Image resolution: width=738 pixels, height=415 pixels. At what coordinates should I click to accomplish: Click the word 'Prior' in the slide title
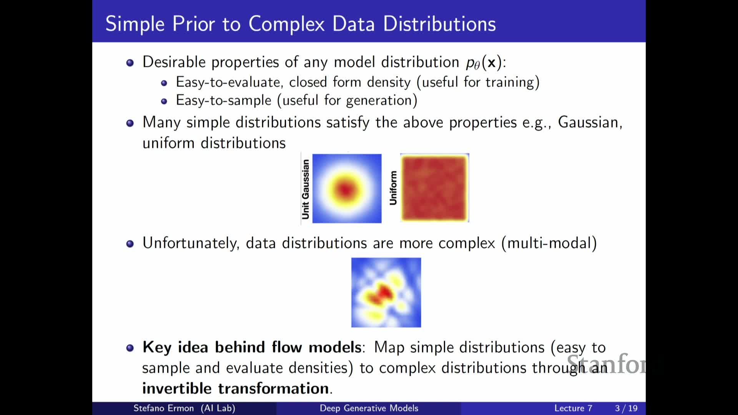194,24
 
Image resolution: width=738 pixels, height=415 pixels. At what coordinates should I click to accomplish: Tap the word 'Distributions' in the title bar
439,24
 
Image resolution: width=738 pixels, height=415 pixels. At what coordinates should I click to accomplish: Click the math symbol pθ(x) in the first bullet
484,62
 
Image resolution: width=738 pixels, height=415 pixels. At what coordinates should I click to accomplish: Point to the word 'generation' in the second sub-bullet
379,101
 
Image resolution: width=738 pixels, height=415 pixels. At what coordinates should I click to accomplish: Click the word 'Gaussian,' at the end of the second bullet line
590,123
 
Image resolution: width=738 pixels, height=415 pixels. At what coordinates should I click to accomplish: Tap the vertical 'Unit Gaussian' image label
306,189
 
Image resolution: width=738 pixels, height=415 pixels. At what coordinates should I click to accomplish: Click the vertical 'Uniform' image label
393,188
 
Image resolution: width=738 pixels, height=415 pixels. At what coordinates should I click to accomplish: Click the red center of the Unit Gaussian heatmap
346,189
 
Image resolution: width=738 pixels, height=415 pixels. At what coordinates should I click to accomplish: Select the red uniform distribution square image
435,188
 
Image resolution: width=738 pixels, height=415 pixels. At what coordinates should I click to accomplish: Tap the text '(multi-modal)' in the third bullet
549,243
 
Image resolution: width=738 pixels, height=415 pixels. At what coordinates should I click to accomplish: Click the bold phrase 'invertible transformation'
237,388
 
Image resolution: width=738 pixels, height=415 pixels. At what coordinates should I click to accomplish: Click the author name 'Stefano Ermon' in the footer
163,408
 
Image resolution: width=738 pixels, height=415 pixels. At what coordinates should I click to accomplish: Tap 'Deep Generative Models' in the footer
369,408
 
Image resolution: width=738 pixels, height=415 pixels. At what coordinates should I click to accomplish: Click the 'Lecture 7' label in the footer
573,408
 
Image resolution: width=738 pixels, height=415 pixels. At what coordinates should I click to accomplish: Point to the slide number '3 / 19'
626,408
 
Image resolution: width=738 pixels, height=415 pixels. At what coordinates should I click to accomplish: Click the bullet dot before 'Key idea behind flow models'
130,348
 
